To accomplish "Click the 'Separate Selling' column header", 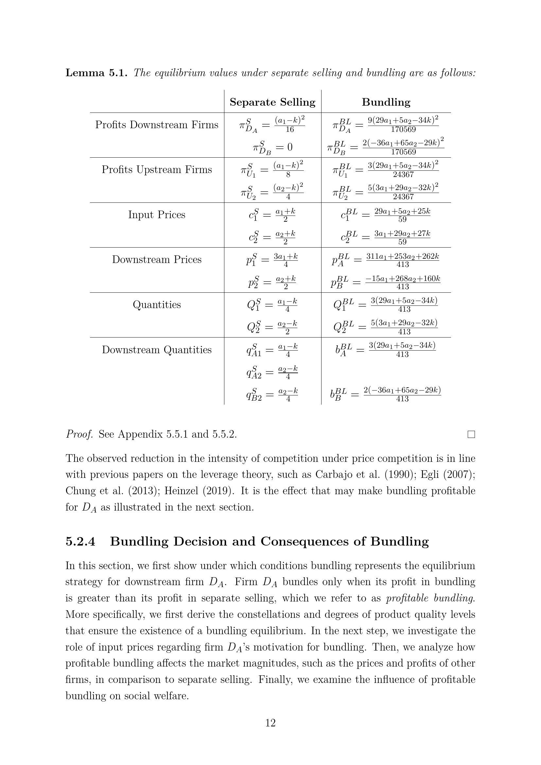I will [x=272, y=102].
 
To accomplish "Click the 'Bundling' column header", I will [x=386, y=102].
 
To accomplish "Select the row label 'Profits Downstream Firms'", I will [x=157, y=125].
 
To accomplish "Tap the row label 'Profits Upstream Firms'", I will [x=157, y=170].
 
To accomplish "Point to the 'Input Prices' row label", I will [x=157, y=215].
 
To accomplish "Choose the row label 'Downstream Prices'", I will [x=157, y=260].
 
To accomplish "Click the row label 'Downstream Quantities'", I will [x=157, y=350].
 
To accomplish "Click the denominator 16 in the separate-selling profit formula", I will [x=290, y=130].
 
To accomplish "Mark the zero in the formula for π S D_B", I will [x=289, y=147].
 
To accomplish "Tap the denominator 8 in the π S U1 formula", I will [x=288, y=175].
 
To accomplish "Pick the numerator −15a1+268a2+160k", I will [x=403, y=279].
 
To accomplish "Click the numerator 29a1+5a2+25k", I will [x=402, y=211].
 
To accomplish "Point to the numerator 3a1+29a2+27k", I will [x=402, y=234].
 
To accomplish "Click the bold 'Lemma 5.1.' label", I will [x=96, y=73].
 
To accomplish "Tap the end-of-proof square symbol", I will [x=471, y=434].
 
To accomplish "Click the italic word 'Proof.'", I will [x=79, y=434].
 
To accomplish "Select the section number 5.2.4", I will [x=80, y=541].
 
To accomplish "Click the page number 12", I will [x=270, y=723].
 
